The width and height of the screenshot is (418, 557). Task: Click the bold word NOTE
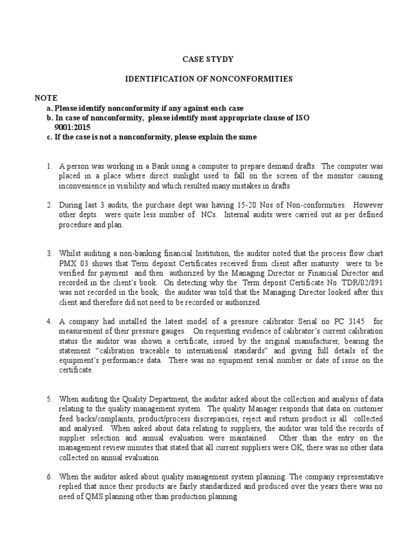tap(46, 98)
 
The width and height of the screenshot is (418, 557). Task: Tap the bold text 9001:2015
tap(73, 128)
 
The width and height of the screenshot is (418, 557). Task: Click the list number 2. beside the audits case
tap(48, 205)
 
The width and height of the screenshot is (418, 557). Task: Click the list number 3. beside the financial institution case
tap(48, 253)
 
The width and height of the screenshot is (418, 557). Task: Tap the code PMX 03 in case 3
tap(73, 263)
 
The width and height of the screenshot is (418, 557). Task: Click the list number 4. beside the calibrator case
tap(48, 321)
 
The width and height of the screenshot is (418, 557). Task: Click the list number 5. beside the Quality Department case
tap(48, 398)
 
